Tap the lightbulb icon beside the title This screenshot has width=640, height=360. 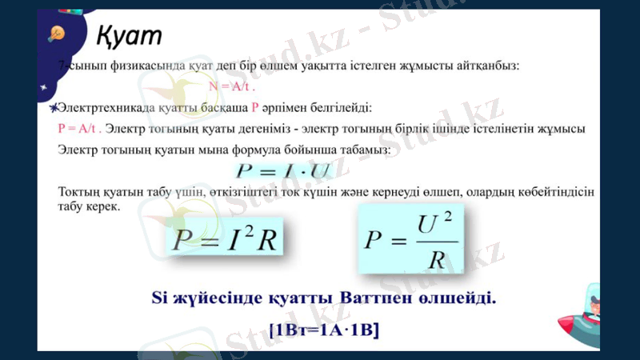pyautogui.click(x=57, y=33)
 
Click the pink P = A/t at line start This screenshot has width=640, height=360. pyautogui.click(x=79, y=128)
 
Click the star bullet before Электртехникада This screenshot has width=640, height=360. pyautogui.click(x=53, y=107)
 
